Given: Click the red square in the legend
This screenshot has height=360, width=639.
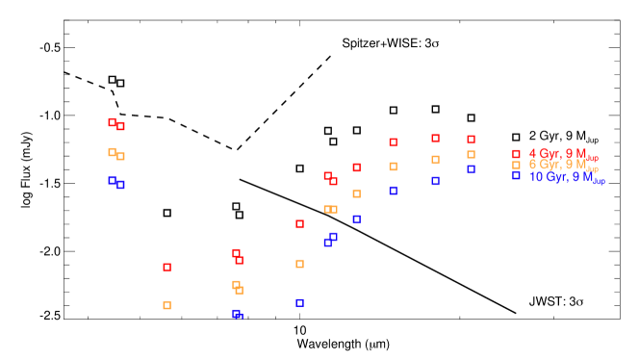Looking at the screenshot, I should [x=516, y=154].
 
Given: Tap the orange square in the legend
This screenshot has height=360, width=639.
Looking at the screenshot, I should [x=516, y=166].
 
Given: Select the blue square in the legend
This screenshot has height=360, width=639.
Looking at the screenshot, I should [x=516, y=176].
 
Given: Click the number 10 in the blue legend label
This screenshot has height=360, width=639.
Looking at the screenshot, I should [x=535, y=177].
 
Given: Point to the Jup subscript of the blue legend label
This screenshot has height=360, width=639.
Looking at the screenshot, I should [x=600, y=181].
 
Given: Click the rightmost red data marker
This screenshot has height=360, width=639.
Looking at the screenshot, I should [x=471, y=139].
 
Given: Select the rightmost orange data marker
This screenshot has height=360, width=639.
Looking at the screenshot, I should [x=471, y=154].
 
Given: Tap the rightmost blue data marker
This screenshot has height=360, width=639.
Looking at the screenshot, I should [x=471, y=168].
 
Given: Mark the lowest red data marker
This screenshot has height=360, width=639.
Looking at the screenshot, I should [x=166, y=267].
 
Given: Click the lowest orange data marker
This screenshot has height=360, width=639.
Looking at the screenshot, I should [x=166, y=305].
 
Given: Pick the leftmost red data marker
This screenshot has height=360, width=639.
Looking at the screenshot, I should [x=112, y=121].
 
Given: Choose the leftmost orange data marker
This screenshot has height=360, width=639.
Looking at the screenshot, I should [x=112, y=151].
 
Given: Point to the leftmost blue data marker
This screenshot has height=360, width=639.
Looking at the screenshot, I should [x=112, y=180].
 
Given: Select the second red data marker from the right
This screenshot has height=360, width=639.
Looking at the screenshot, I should [x=435, y=138].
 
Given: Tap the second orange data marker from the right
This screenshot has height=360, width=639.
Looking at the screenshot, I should [x=435, y=160].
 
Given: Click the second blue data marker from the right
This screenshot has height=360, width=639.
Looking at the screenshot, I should [x=435, y=181].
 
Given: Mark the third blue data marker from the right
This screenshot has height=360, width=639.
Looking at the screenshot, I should [x=393, y=191].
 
